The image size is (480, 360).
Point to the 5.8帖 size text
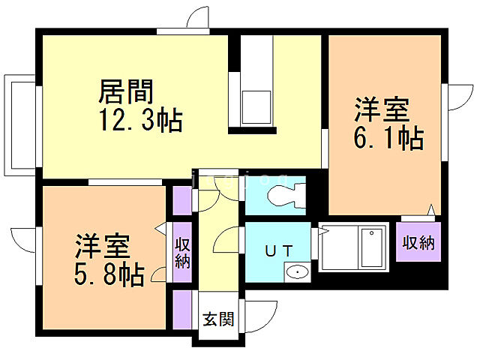click(x=109, y=274)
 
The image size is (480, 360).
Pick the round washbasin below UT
click(x=299, y=271)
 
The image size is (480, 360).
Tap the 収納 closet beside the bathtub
click(x=418, y=243)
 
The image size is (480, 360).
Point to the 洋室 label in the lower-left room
click(x=102, y=247)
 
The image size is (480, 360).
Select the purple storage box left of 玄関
click(x=182, y=308)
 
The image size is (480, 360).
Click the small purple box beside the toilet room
click(x=182, y=199)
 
